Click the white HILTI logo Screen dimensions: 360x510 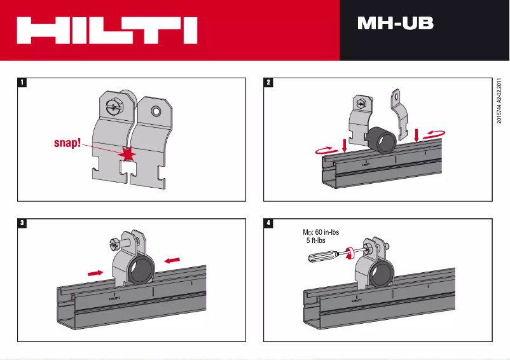pos(107,30)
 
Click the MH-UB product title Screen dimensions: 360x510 pos(395,24)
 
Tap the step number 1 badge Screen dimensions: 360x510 pos(22,82)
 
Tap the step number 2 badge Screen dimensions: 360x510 pos(270,82)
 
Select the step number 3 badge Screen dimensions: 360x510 pos(22,223)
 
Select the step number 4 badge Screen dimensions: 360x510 pos(270,223)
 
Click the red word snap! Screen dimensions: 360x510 pos(65,144)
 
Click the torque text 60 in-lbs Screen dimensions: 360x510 pos(327,233)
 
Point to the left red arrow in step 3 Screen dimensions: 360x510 pos(95,272)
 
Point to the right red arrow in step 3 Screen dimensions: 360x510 pos(172,260)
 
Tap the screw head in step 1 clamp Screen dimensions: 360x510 pos(114,105)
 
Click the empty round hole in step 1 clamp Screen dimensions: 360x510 pos(155,112)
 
